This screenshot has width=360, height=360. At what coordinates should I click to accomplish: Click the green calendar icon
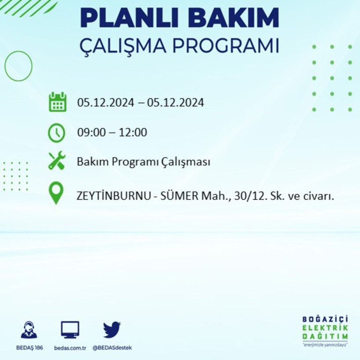tap(58, 102)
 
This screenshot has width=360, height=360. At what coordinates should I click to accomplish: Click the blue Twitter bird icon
tap(112, 330)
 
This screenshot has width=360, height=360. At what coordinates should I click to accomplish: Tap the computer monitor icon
tap(70, 329)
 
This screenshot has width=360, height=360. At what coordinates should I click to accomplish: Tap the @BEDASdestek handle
tap(112, 348)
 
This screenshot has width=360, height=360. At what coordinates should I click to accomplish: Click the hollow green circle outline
tap(18, 66)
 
